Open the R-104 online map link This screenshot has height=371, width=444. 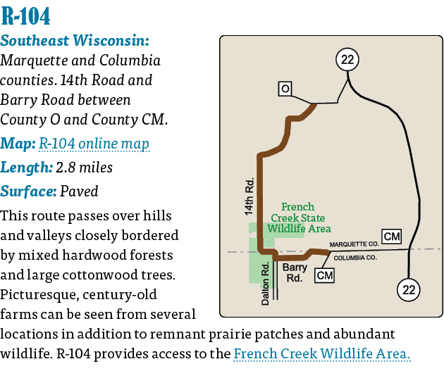click(x=94, y=144)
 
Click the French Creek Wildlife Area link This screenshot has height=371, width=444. click(x=321, y=354)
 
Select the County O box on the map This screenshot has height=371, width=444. click(x=284, y=89)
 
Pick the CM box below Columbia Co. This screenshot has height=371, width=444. click(x=325, y=275)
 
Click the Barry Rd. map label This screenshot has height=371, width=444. click(x=293, y=272)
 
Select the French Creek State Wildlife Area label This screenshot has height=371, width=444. click(x=298, y=218)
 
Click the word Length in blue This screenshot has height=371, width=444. click(x=25, y=168)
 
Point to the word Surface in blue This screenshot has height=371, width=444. click(x=28, y=191)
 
